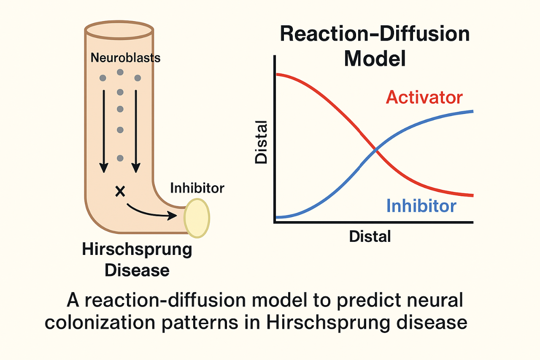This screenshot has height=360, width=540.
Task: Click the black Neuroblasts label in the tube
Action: click(x=126, y=57)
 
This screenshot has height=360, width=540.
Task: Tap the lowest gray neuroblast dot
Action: click(x=120, y=158)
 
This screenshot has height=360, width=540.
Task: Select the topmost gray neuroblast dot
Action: click(x=120, y=72)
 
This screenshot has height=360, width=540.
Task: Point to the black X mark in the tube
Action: click(x=120, y=192)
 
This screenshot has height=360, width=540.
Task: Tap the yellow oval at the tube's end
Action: click(x=197, y=218)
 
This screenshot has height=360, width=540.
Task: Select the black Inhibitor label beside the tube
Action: click(x=197, y=188)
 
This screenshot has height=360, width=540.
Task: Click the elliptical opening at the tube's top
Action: click(x=119, y=29)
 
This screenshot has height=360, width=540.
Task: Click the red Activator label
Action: click(x=424, y=97)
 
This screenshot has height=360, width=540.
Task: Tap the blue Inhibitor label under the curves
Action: click(x=421, y=206)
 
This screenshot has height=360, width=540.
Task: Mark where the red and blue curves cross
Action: click(x=375, y=150)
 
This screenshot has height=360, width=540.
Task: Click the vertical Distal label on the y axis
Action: click(x=261, y=142)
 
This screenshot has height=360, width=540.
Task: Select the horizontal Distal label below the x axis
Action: click(x=370, y=236)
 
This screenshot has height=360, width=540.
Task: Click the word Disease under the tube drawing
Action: click(x=137, y=270)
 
